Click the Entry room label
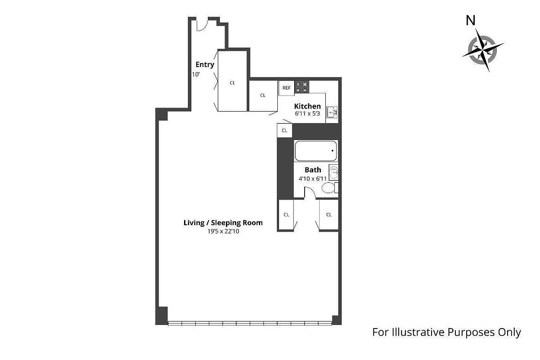tap(205, 65)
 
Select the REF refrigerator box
tap(286, 88)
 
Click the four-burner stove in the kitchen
tap(302, 87)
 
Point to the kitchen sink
tap(332, 112)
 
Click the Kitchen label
tap(307, 106)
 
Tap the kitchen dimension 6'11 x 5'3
tap(307, 113)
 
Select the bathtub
tap(316, 151)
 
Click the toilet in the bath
tap(330, 188)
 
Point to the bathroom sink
tap(334, 172)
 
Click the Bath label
tap(313, 170)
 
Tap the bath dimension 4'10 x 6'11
tap(312, 179)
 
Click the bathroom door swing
tap(310, 192)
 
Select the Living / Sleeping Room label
tap(223, 223)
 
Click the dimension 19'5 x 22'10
tap(223, 231)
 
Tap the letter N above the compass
tap(470, 21)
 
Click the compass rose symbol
tap(482, 50)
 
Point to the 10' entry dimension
tap(196, 75)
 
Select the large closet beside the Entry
tap(232, 81)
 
